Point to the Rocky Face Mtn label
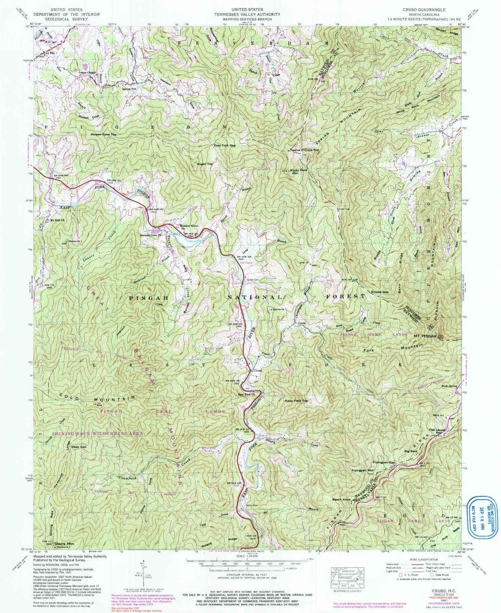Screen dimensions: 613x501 299,172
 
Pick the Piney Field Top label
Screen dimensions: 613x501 296,401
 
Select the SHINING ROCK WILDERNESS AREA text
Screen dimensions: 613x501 97,433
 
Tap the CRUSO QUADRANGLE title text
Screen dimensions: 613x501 422,10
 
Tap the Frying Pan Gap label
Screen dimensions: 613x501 384,463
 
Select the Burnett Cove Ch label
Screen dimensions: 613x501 151,235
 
